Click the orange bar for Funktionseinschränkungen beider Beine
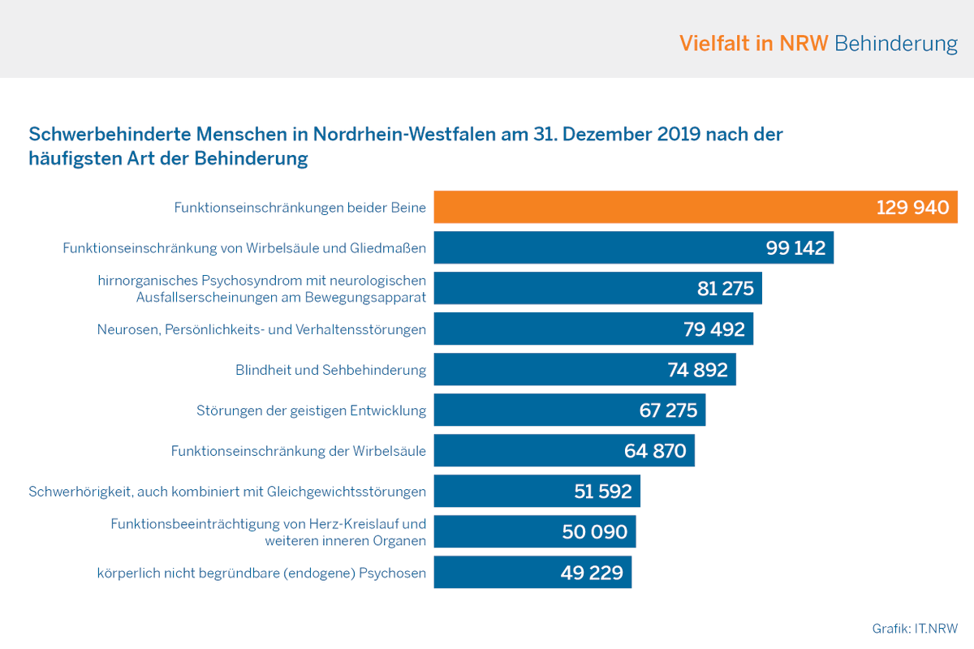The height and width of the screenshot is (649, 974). pos(649,207)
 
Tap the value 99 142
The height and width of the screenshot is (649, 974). pos(795,248)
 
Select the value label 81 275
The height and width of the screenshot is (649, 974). pos(726,289)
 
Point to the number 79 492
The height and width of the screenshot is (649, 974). pos(714,329)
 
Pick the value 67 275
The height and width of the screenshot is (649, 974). pos(668,410)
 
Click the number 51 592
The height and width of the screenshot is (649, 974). pos(602,492)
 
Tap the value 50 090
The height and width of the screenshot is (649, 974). pos(595,532)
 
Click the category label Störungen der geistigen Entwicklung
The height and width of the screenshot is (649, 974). pos(311,410)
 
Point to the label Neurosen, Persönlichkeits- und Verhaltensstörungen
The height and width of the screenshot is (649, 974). pos(261,329)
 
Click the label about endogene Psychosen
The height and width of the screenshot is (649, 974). pos(261,573)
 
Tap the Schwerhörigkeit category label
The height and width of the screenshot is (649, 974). pos(227,492)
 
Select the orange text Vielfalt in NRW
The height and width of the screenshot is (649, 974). pos(753,43)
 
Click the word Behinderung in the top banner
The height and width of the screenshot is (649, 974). pos(896,43)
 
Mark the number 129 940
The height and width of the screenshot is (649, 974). pos(912,208)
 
